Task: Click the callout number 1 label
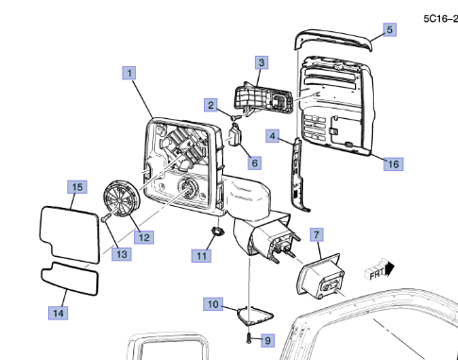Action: pos(129,73)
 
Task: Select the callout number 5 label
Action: pos(390,30)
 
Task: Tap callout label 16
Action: pos(393,164)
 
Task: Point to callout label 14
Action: pos(59,313)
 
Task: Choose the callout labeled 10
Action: pos(213,304)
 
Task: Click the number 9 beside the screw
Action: pos(267,340)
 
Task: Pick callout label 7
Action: pos(316,234)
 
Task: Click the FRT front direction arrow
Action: pos(380,271)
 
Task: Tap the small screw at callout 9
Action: pos(248,338)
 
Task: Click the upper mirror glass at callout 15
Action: pos(70,234)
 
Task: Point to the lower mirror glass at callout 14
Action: pos(70,279)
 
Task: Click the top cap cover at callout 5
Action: pos(333,40)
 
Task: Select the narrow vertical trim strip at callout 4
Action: pos(298,174)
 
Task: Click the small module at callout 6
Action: pos(235,135)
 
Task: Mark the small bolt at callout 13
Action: pos(106,216)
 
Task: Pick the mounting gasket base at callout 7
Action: pos(320,276)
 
